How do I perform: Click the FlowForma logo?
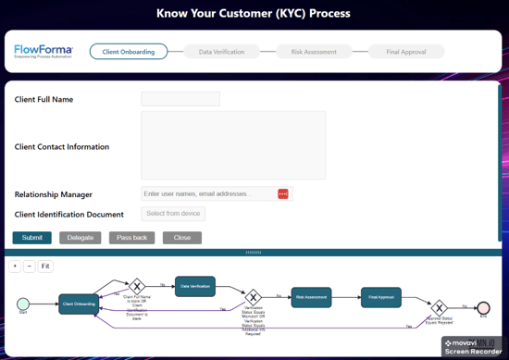tap(43, 51)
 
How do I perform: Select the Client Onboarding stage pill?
tap(129, 52)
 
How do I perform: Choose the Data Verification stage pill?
tap(221, 52)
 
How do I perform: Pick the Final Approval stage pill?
tap(406, 52)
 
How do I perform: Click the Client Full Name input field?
tap(180, 99)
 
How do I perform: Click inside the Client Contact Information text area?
tap(233, 145)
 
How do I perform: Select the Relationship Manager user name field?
tap(208, 194)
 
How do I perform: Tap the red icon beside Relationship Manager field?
tap(283, 194)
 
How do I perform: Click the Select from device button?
tap(173, 214)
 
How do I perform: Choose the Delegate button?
tap(81, 238)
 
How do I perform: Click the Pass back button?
tap(132, 238)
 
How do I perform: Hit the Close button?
tap(182, 238)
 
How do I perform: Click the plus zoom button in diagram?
tap(15, 267)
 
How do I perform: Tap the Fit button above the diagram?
tap(45, 267)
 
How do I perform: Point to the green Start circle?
tap(23, 304)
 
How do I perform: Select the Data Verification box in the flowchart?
tap(194, 286)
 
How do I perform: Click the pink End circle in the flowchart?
tap(482, 308)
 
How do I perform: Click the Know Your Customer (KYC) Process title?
tap(254, 14)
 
